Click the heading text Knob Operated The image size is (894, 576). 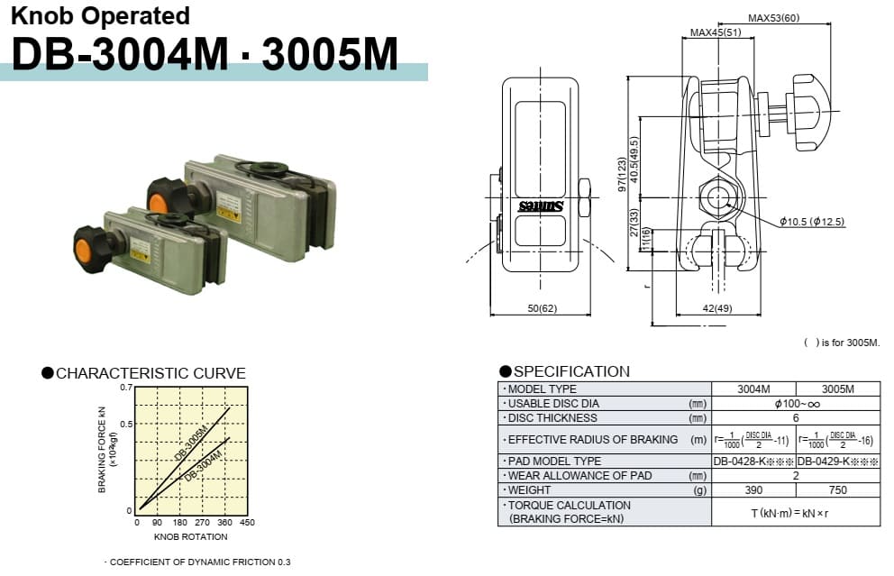[100, 16]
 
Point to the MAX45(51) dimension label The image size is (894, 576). [716, 32]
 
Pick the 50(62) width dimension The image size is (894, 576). [542, 308]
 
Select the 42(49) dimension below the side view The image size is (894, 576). [717, 308]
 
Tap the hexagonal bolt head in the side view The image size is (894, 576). [718, 196]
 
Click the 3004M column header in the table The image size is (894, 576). [753, 389]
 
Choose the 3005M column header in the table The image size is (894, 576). [837, 389]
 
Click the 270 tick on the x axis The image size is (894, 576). [203, 522]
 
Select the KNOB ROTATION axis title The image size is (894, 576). [191, 536]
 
